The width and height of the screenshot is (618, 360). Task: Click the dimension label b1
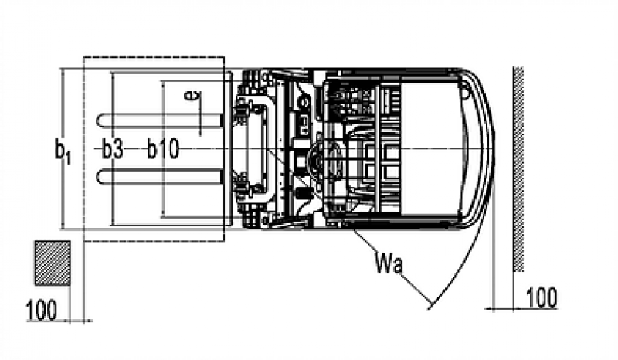(63, 150)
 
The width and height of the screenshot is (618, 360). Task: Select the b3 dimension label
(113, 150)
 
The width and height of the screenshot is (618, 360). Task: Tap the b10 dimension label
(163, 150)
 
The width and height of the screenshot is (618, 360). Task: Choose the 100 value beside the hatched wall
(541, 297)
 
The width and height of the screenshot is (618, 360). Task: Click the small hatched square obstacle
(52, 262)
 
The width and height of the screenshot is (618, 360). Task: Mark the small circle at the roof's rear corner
(464, 92)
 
